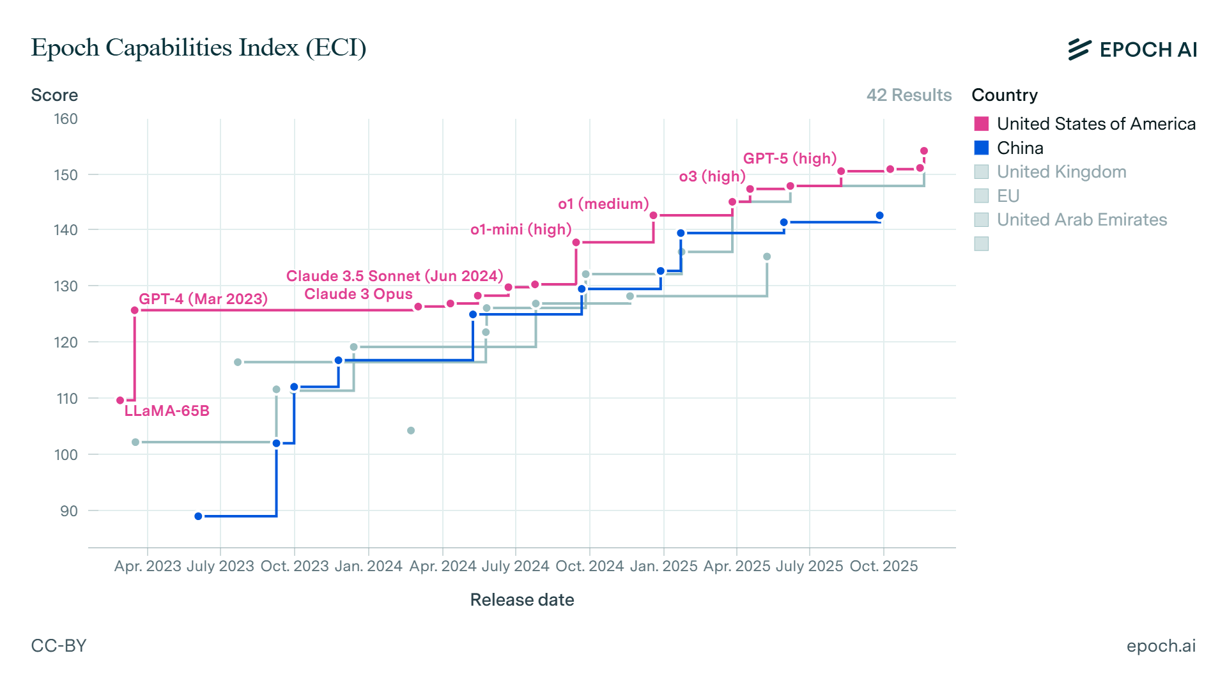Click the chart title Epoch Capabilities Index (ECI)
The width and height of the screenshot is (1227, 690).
tap(198, 48)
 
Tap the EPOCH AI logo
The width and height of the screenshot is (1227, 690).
tap(1132, 49)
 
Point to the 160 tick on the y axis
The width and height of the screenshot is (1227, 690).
tap(66, 119)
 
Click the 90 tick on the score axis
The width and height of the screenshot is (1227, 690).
tap(69, 511)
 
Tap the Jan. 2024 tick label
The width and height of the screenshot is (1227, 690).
tap(368, 566)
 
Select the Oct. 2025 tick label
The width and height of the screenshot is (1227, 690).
tap(883, 566)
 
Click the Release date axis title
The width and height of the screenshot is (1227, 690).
tap(521, 600)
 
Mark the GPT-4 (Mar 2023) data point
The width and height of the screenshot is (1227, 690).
tap(135, 310)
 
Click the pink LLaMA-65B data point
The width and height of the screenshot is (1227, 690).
tap(120, 401)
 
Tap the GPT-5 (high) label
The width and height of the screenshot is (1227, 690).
tap(789, 158)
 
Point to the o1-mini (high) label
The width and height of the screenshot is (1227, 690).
tap(520, 229)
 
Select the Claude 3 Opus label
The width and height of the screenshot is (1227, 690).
tap(358, 294)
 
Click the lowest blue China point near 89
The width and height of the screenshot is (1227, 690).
tap(198, 516)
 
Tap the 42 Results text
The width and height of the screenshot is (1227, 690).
tap(908, 95)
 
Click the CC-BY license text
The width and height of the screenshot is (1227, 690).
tap(59, 645)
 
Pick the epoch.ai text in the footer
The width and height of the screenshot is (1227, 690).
tap(1161, 645)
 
